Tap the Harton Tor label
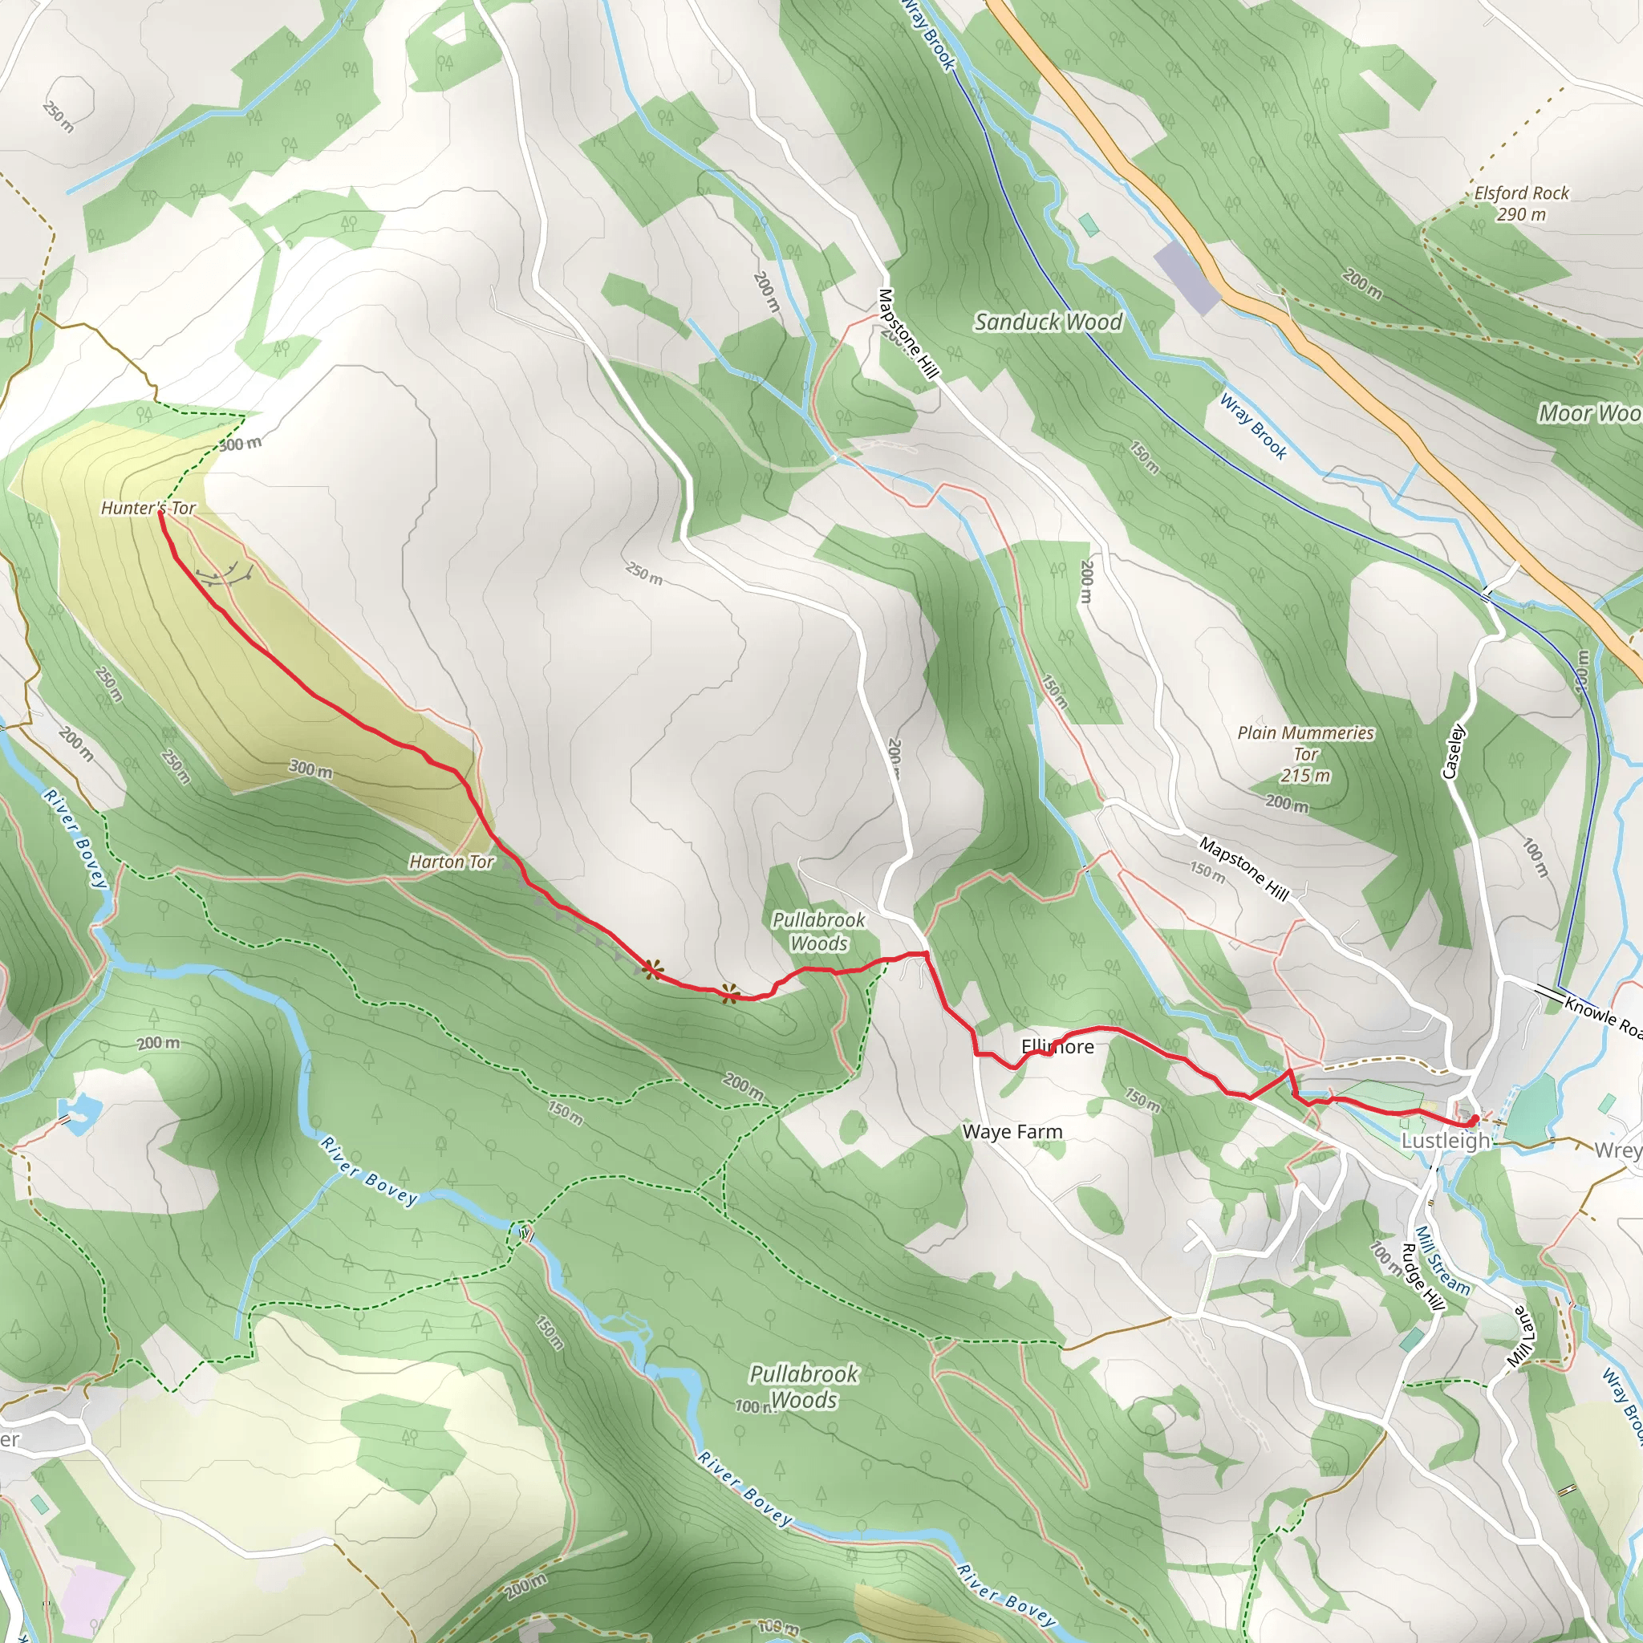[x=451, y=862]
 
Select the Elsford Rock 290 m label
[x=1520, y=203]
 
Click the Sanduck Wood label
[x=1047, y=322]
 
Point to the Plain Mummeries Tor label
[x=1304, y=753]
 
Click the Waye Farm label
[x=1012, y=1132]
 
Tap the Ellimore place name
[x=1057, y=1046]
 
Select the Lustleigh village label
[x=1445, y=1141]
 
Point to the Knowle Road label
[x=1602, y=1016]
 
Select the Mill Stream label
[x=1442, y=1260]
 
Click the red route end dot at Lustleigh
[x=1474, y=1121]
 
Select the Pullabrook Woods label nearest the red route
[x=818, y=931]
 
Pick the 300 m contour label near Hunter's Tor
[x=240, y=444]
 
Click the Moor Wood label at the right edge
[x=1588, y=413]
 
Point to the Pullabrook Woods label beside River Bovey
[x=804, y=1386]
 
